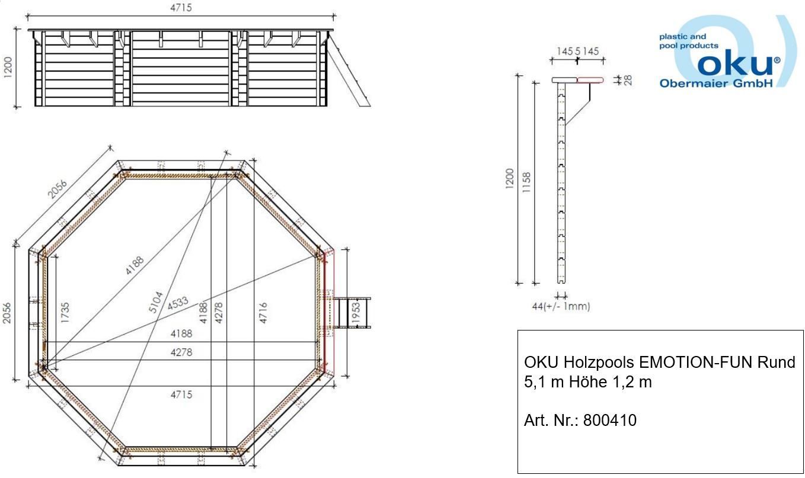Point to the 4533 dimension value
point(177,303)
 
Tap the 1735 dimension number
point(65,312)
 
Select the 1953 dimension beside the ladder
point(355,312)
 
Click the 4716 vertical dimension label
point(263,312)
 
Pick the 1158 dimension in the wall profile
point(526,182)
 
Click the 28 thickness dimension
point(628,80)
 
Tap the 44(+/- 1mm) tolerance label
point(561,306)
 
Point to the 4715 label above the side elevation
point(181,8)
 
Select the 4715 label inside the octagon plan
point(181,394)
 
